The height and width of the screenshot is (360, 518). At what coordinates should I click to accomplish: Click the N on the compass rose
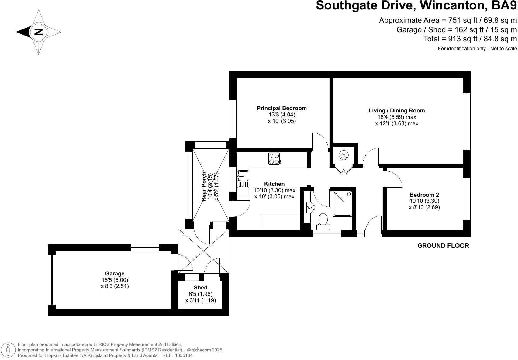pos(39,32)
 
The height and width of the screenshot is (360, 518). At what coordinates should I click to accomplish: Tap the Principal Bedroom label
pos(281,108)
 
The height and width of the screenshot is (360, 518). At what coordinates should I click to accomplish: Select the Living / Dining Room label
pos(397,111)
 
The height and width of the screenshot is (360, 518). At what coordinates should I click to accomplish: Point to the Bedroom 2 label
pos(424,195)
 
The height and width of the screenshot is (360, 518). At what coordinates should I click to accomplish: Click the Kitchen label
pos(274,184)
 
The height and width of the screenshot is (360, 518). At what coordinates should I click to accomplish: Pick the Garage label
pos(115,274)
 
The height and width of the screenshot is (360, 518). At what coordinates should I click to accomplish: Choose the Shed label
pos(200,288)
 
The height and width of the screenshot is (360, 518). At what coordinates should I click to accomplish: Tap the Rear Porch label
pos(204,186)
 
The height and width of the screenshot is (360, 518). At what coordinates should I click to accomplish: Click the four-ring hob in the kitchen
pos(275,159)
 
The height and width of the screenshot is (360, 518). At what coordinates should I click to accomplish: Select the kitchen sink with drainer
pos(243,179)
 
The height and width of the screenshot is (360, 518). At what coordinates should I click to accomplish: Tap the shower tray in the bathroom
pos(343,203)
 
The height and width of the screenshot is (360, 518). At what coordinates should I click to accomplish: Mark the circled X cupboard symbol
pos(344,155)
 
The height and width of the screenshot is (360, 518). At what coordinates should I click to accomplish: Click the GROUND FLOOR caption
pos(443,246)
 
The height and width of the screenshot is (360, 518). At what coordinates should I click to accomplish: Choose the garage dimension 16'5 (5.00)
pos(115,280)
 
